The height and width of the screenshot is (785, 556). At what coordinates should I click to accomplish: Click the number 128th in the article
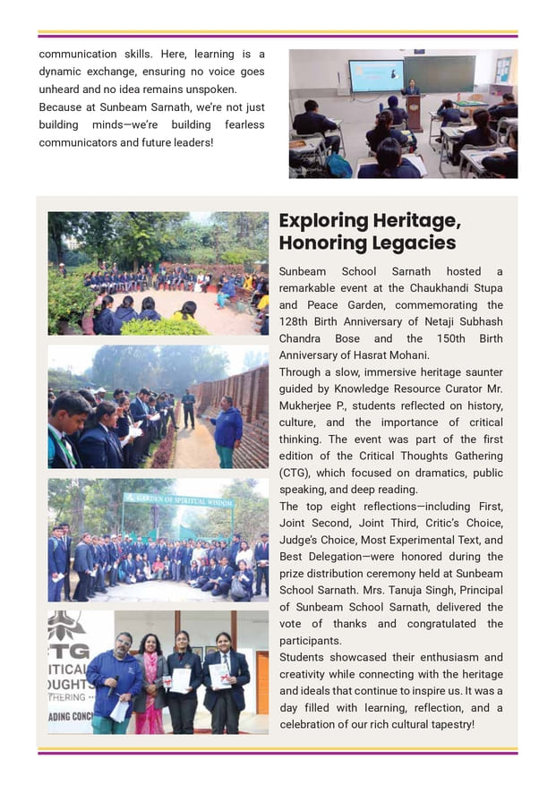pyautogui.click(x=295, y=322)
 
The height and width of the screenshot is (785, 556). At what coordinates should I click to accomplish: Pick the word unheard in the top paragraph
pyautogui.click(x=63, y=90)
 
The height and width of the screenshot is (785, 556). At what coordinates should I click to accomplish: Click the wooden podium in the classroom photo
pyautogui.click(x=414, y=112)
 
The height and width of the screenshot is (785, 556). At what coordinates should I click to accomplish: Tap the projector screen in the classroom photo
pyautogui.click(x=376, y=76)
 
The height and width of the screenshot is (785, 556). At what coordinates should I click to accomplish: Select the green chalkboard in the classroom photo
pyautogui.click(x=439, y=73)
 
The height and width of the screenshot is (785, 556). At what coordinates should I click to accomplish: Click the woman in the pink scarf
pyautogui.click(x=149, y=685)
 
